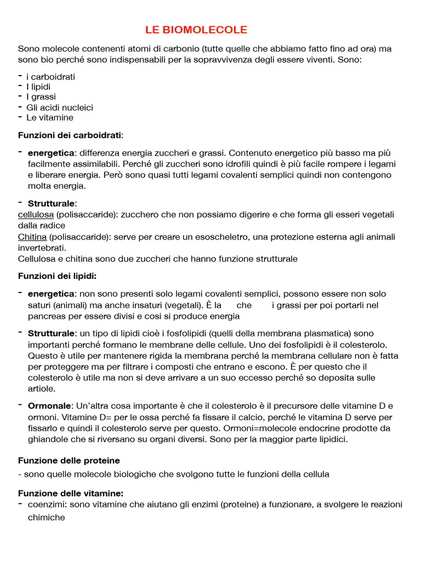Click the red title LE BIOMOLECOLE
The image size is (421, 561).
[x=196, y=30]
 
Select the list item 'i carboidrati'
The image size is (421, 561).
[x=50, y=77]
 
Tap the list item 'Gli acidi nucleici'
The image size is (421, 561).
[x=60, y=107]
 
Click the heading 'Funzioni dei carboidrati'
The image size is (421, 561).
[x=70, y=135]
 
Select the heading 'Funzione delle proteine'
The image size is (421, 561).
[x=69, y=460]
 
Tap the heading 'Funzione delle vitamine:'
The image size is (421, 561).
[x=71, y=493]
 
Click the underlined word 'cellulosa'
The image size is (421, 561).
[x=36, y=215]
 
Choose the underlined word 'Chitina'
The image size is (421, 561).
[x=32, y=237]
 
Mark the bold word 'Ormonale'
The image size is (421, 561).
[x=49, y=405]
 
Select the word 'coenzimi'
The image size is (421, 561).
[x=45, y=505]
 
